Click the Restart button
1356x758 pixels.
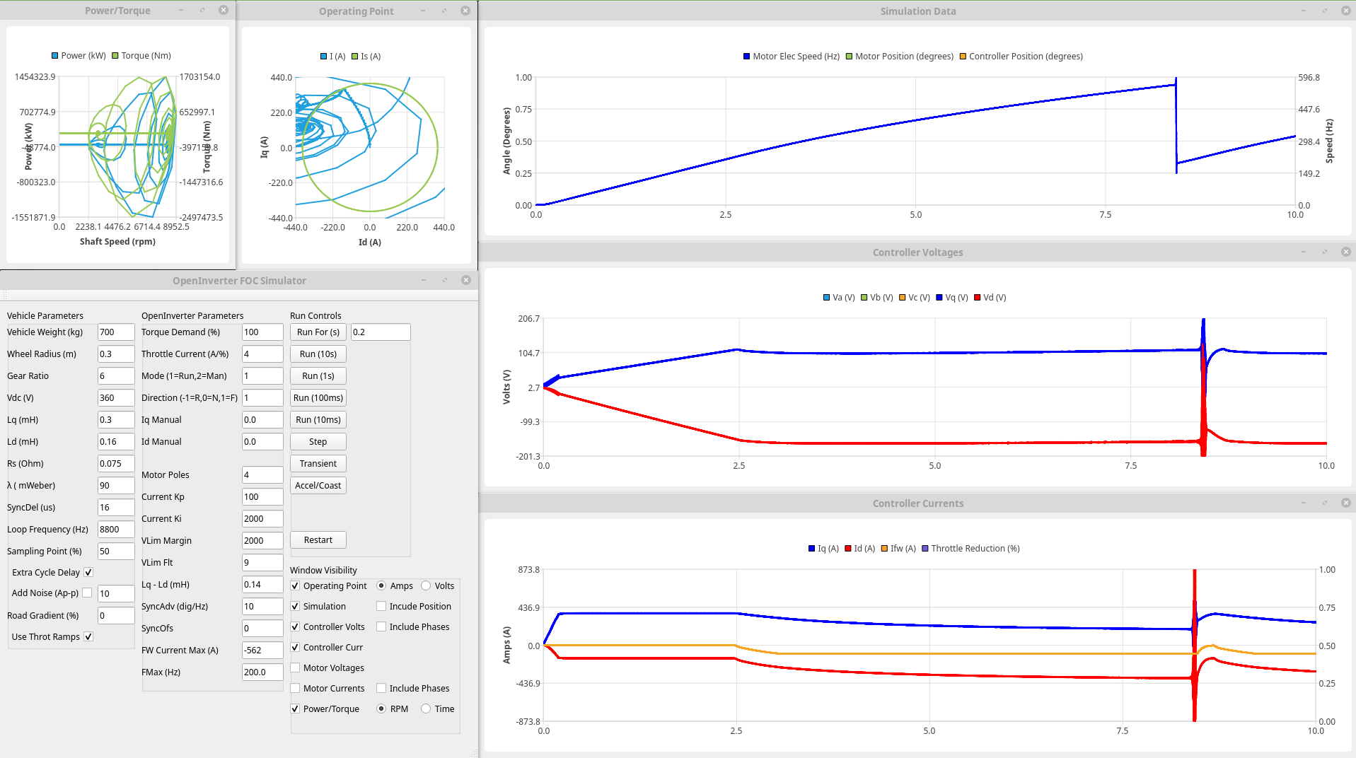point(318,540)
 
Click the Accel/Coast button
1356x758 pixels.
point(318,486)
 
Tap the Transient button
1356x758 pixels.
point(318,464)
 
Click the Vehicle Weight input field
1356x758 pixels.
point(115,332)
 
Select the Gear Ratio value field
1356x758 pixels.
point(115,376)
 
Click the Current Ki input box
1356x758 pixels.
point(262,519)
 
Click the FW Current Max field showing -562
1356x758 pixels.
point(262,651)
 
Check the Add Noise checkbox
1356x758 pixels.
point(87,593)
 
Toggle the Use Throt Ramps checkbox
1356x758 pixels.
point(88,637)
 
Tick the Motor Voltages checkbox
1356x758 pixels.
point(296,668)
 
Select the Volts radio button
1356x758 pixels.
point(426,586)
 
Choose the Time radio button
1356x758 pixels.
point(426,709)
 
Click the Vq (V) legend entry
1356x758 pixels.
point(951,298)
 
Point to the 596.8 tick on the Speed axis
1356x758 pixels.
point(1309,78)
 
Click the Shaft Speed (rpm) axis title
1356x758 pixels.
point(117,242)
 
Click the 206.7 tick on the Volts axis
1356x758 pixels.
point(528,319)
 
